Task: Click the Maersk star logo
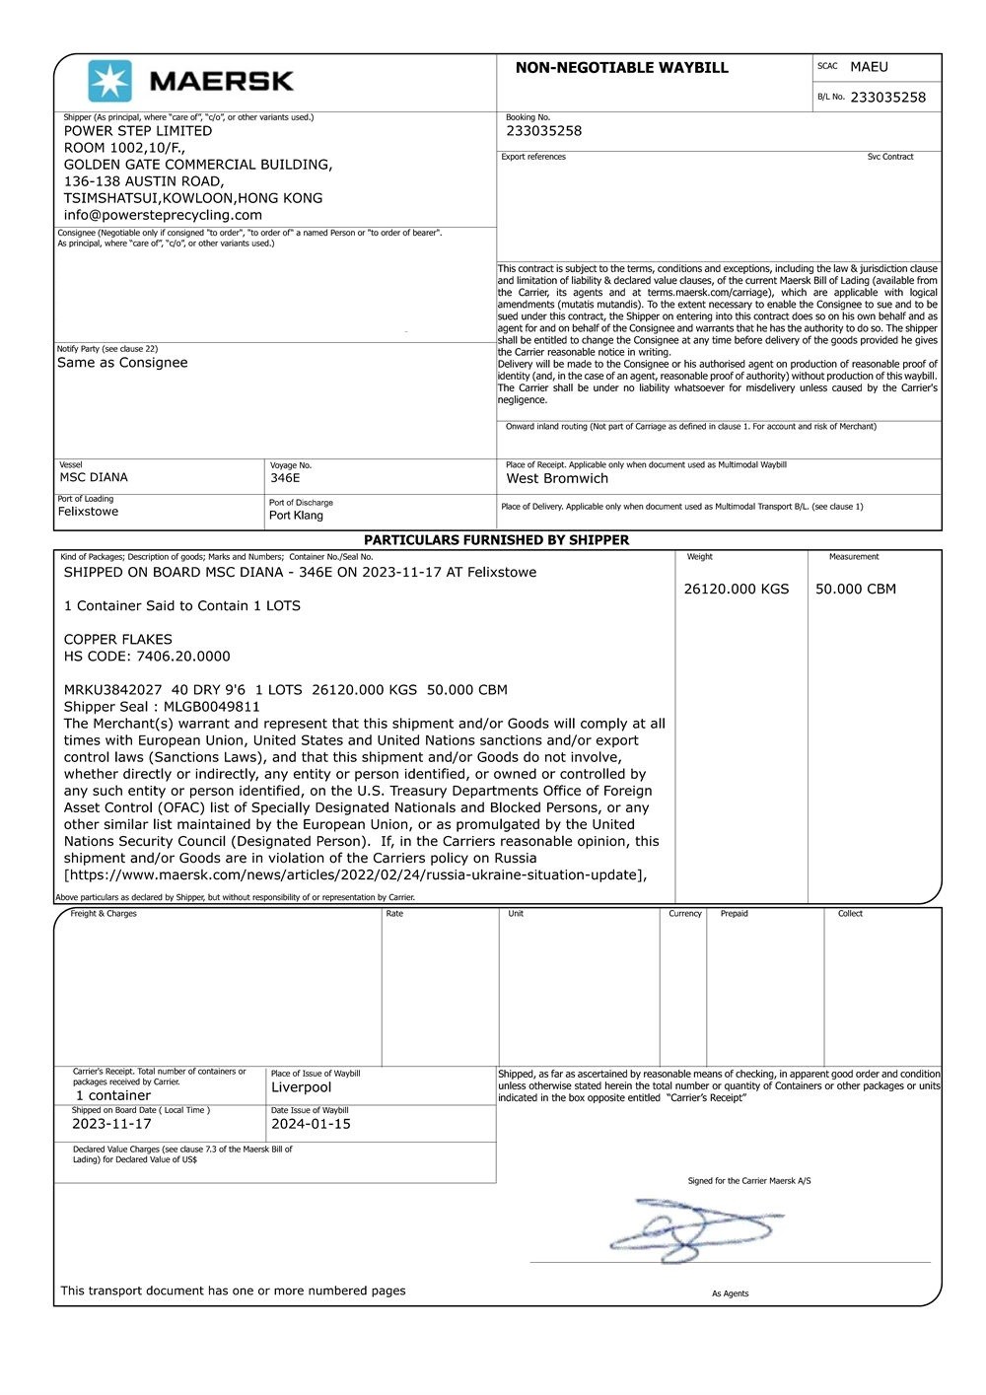pos(109,81)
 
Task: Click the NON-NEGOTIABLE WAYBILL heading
pos(621,68)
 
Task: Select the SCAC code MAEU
pos(869,67)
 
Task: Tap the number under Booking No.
pos(543,131)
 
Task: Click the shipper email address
pos(163,215)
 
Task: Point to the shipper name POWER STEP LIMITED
pos(138,131)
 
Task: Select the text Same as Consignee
pos(122,363)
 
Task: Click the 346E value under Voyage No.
pos(285,478)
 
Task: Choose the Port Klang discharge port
pos(296,516)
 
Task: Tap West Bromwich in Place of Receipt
pos(557,479)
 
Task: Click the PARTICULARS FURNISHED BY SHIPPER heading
pos(496,540)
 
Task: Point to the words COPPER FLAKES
pos(118,640)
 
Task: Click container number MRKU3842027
pos(113,690)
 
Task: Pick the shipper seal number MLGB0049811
pos(212,707)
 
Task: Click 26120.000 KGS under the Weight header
pos(736,590)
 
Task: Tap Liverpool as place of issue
pos(301,1087)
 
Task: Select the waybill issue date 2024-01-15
pos(311,1124)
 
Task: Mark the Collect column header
pos(850,914)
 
